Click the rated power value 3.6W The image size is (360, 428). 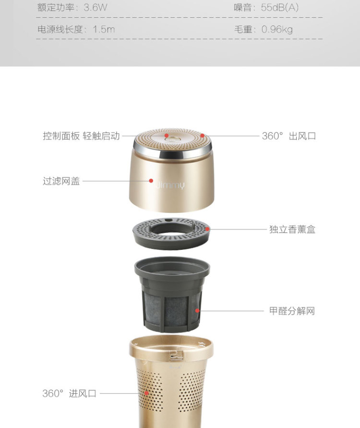tap(95, 7)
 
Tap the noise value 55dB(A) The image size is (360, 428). tap(279, 7)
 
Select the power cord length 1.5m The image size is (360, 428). tap(104, 29)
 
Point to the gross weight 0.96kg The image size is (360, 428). tap(277, 29)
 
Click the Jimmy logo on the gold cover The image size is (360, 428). tap(170, 185)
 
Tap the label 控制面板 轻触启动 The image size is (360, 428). tap(81, 135)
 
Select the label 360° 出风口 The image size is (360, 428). tap(289, 136)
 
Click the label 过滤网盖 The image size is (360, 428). tap(61, 181)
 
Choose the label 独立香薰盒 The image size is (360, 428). tap(292, 229)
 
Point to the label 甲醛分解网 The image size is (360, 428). tap(292, 311)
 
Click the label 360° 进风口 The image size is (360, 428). tap(69, 393)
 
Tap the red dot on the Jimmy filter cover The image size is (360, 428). tap(151, 181)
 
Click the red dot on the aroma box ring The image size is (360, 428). tap(207, 229)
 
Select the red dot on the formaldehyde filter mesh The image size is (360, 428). tap(197, 310)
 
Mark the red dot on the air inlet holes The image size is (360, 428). tap(146, 393)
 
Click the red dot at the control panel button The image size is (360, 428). tap(167, 135)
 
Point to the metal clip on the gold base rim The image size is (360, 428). tap(177, 355)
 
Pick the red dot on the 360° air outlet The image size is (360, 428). tap(202, 135)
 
